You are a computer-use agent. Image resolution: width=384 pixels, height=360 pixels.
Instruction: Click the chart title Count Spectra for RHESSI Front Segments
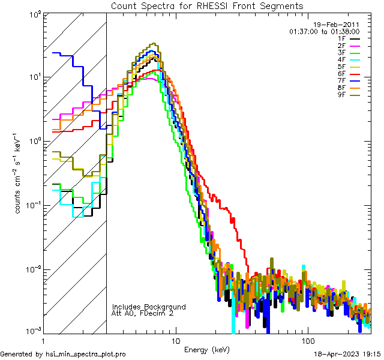[x=207, y=5]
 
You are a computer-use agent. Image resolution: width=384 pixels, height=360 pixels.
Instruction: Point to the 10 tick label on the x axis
[x=175, y=340]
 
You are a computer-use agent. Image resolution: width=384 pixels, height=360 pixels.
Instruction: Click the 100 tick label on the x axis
[x=307, y=340]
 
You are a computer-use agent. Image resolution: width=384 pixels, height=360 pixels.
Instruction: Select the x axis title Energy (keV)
[x=207, y=349]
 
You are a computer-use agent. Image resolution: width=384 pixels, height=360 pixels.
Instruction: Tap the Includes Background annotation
[x=149, y=307]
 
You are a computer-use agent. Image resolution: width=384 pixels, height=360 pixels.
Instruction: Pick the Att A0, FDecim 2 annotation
[x=144, y=313]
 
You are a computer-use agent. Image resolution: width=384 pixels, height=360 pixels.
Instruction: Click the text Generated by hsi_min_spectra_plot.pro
[x=63, y=353]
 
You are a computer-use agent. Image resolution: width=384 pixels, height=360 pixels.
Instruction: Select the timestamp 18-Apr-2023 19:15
[x=348, y=353]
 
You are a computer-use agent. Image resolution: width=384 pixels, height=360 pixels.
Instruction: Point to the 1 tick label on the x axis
[x=43, y=340]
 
